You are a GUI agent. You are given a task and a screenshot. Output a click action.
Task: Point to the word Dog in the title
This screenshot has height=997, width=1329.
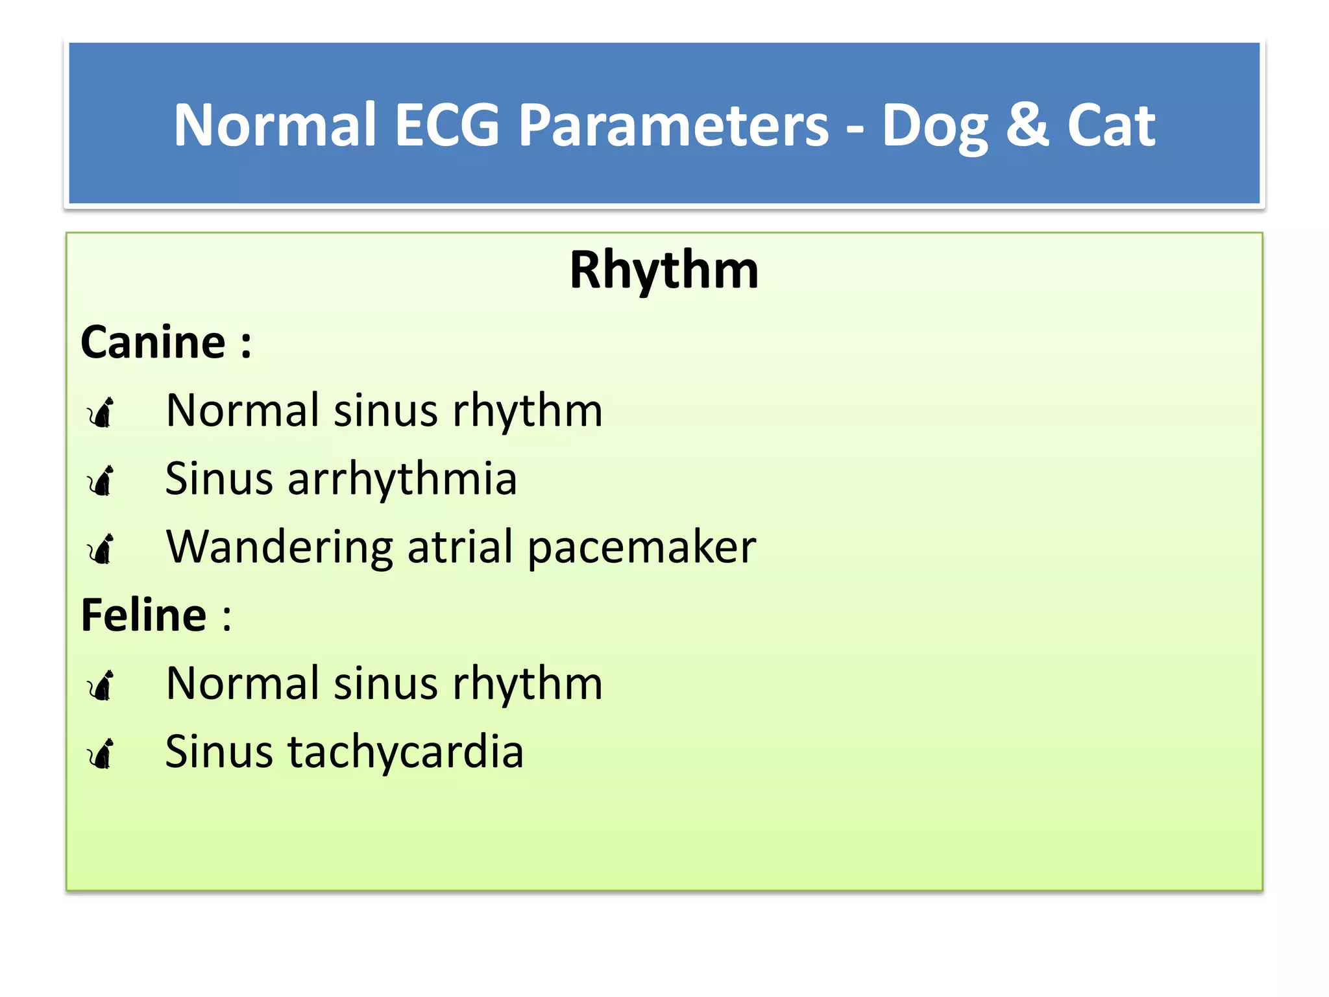point(934,127)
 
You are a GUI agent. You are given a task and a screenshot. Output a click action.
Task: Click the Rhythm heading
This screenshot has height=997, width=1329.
point(664,270)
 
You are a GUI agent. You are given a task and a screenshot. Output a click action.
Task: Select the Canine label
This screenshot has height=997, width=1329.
point(153,342)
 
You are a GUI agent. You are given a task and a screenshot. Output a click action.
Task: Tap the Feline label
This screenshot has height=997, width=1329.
point(144,615)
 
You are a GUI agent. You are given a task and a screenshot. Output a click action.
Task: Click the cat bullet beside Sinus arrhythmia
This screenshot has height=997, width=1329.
point(101,480)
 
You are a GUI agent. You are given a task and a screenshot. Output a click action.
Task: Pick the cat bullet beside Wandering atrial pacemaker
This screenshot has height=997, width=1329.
point(101,548)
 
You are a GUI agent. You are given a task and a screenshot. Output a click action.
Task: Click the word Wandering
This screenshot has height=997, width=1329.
point(280,547)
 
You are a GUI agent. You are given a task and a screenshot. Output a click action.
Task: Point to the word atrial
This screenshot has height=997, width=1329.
point(460,547)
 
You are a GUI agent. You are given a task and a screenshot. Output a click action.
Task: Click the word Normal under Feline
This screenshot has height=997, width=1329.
point(243,683)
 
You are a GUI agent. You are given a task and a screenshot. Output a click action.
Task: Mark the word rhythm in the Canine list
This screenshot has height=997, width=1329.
point(528,412)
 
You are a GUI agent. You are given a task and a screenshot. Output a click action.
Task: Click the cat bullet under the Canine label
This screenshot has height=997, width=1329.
point(101,412)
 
